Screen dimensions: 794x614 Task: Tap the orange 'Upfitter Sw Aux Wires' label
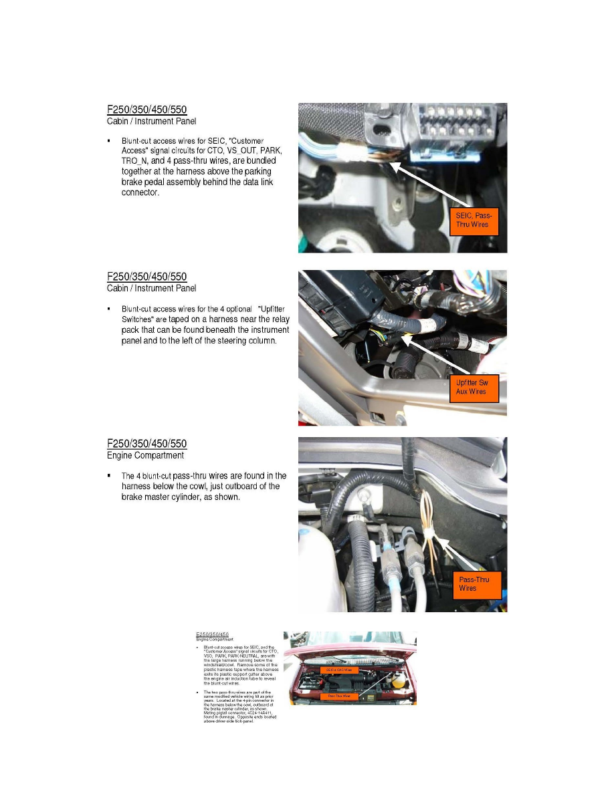474,387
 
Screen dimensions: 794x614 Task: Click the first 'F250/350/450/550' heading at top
147,109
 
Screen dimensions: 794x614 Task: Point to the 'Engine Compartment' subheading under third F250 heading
145,456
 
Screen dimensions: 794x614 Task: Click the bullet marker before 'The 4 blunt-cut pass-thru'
108,476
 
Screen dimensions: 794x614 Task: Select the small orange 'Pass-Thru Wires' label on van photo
340,696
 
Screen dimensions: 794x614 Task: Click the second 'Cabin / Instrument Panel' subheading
151,288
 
